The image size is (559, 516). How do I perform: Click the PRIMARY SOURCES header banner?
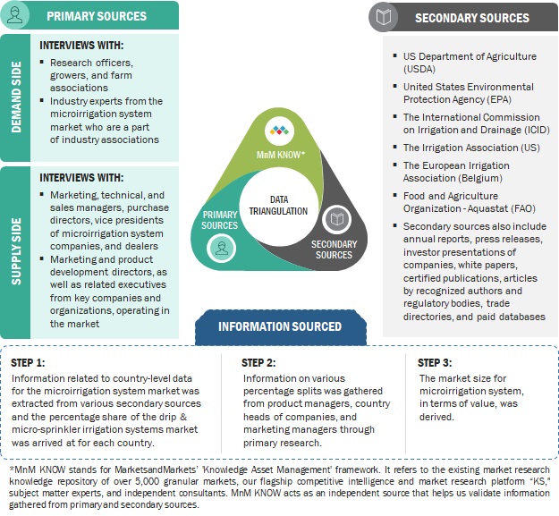(108, 15)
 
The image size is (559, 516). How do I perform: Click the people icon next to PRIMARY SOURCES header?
(20, 15)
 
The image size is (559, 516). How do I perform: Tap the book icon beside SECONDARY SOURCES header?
(383, 17)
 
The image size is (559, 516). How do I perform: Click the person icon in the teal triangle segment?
(220, 251)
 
